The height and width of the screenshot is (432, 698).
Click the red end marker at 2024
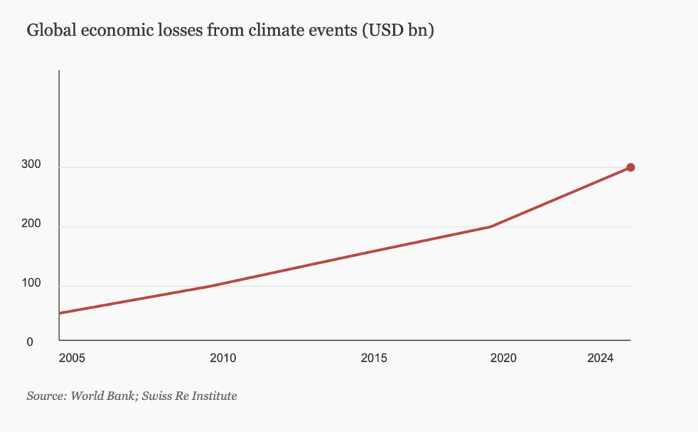click(x=631, y=167)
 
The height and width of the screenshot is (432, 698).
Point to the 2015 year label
click(x=374, y=358)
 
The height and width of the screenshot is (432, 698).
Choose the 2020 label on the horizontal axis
click(x=503, y=358)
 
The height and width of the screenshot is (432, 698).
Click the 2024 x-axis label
click(x=601, y=358)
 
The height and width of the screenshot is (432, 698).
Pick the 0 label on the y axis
click(x=30, y=342)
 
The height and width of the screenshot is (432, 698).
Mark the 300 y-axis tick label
click(x=34, y=164)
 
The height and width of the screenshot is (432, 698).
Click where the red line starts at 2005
click(x=61, y=313)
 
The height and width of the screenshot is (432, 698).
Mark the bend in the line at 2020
click(x=491, y=227)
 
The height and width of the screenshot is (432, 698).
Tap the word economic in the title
click(x=105, y=31)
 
